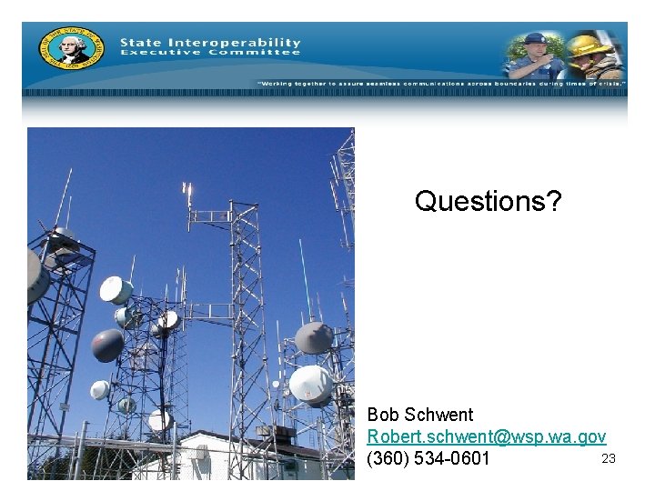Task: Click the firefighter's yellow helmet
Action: (589, 43)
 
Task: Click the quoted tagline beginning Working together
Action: (441, 83)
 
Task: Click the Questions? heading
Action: (488, 201)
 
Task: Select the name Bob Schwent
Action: (420, 415)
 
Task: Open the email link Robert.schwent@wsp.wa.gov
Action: (487, 436)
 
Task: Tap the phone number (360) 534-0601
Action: (428, 458)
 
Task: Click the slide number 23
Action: (609, 458)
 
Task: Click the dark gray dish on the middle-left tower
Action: (107, 345)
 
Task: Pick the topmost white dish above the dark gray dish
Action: (116, 290)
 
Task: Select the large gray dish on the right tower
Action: (314, 337)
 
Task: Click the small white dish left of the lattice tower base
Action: (100, 389)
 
